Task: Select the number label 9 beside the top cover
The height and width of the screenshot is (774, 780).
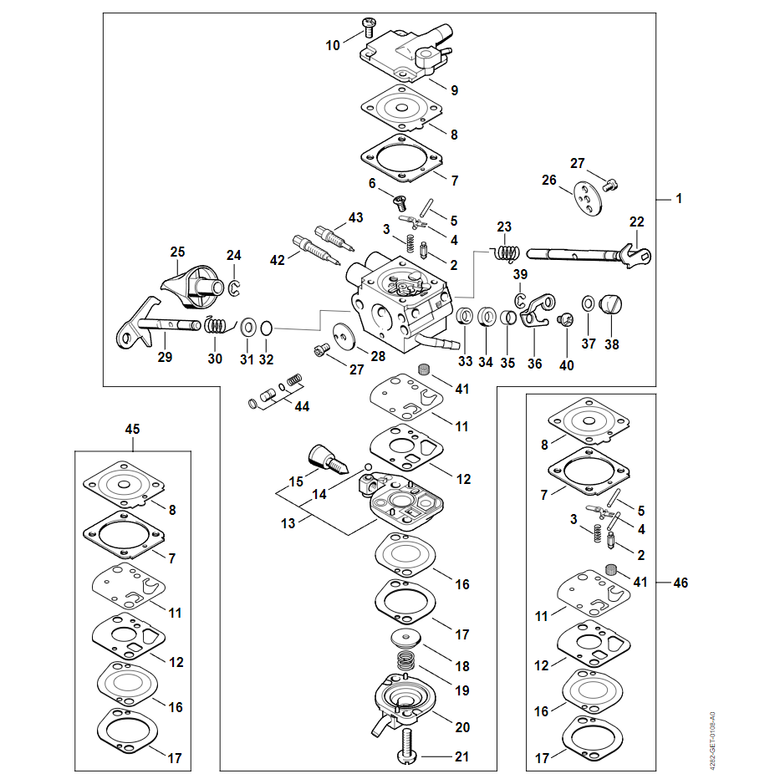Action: (454, 89)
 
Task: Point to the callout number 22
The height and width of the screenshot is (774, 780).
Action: (637, 222)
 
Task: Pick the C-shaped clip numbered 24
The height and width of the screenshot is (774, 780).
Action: (235, 287)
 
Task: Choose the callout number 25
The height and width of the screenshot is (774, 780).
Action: (177, 252)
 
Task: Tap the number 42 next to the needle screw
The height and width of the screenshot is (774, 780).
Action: (278, 260)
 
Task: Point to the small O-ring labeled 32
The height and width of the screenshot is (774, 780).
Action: (266, 328)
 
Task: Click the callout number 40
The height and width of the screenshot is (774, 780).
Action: (568, 364)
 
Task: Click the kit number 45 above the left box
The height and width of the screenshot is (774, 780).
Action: (132, 429)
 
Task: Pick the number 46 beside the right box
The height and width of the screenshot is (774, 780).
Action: (681, 583)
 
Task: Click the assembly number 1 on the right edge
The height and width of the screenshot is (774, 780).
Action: (679, 199)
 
